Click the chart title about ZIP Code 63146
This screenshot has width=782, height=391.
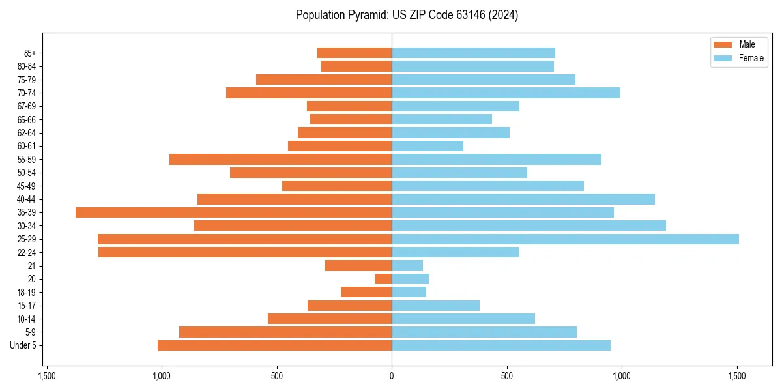407,15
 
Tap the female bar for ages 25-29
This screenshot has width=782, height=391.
565,239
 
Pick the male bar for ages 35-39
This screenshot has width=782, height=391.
233,212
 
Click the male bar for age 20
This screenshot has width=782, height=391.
383,279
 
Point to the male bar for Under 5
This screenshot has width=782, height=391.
274,345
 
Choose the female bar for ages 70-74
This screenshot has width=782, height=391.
506,93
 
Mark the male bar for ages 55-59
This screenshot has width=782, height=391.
280,159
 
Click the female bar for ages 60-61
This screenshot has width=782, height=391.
427,146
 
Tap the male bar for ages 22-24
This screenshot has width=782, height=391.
245,252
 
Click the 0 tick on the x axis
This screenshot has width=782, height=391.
392,376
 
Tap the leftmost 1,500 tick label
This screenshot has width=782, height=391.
46,376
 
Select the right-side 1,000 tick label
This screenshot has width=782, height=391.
622,376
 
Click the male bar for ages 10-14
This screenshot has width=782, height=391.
330,319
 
